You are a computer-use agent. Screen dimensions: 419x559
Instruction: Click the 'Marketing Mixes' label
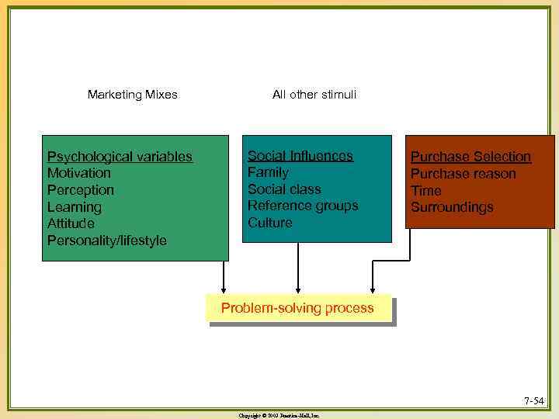point(132,95)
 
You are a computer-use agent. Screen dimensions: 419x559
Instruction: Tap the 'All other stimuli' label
point(314,95)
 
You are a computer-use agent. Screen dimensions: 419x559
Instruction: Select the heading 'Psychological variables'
point(120,157)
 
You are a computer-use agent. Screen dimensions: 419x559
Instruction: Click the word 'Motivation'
point(78,173)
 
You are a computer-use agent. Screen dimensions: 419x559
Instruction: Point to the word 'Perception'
point(80,190)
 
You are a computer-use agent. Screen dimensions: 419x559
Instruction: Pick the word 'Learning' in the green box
point(74,207)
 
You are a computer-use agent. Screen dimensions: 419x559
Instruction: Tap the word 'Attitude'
point(71,223)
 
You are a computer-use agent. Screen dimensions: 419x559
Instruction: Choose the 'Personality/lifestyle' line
point(106,241)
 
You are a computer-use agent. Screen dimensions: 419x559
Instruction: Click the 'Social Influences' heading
point(300,156)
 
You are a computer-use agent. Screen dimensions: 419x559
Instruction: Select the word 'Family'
point(268,172)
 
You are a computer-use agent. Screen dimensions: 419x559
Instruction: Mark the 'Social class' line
point(284,189)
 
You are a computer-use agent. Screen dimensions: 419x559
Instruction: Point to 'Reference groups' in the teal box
point(303,206)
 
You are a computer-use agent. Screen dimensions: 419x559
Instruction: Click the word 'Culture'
point(270,223)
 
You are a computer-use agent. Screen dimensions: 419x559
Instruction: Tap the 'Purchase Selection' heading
point(470,157)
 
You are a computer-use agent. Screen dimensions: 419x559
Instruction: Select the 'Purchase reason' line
point(463,174)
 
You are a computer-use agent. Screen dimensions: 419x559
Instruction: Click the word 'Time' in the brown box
point(425,191)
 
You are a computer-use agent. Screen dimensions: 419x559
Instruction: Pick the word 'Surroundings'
point(452,207)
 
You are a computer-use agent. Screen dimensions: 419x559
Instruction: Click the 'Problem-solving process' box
point(297,308)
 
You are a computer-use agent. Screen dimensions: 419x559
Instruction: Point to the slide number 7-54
point(533,401)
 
